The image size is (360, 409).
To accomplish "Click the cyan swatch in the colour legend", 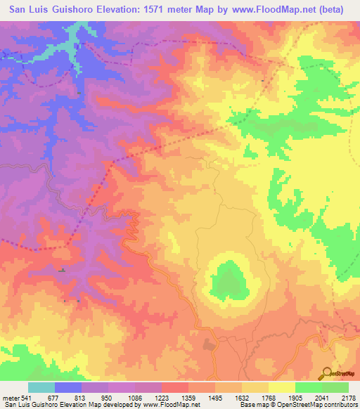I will click(41, 388).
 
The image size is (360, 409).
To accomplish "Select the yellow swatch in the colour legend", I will click(282, 388).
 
